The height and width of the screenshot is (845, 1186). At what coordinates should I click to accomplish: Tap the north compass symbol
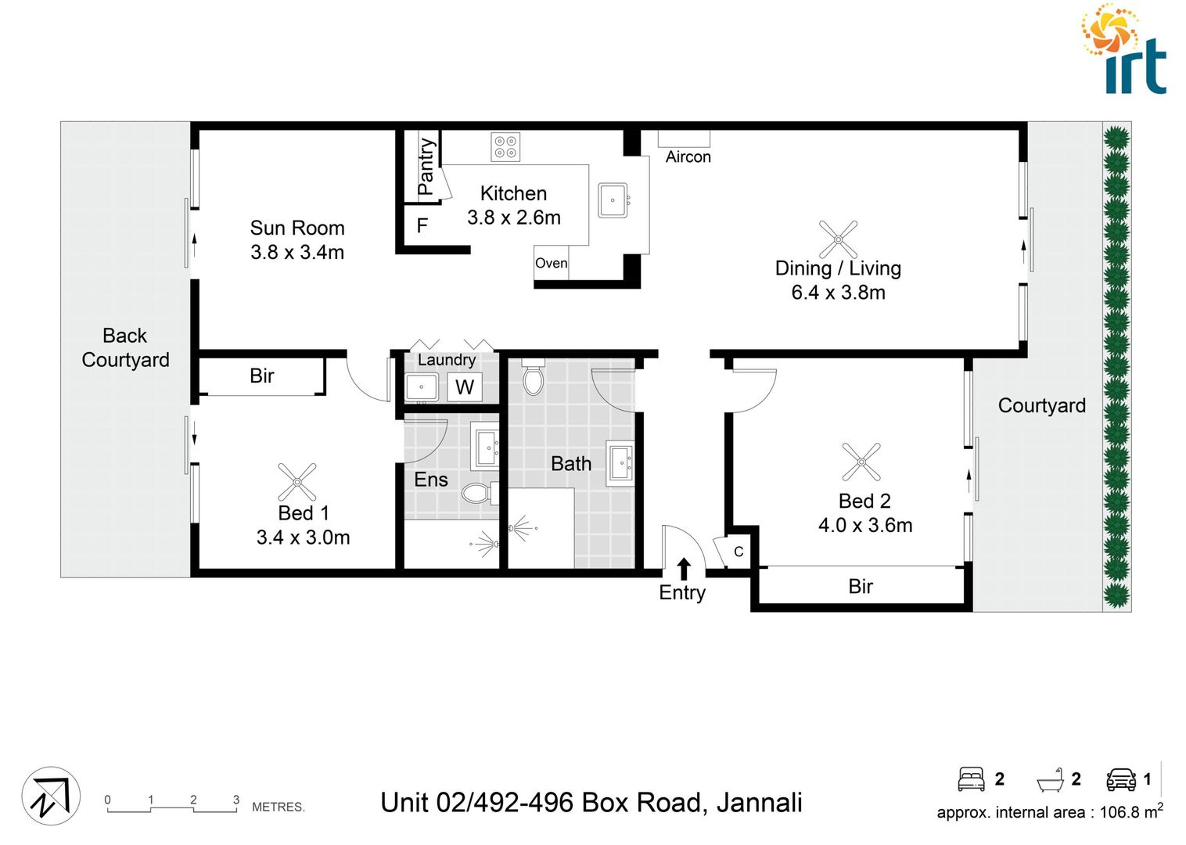(x=51, y=796)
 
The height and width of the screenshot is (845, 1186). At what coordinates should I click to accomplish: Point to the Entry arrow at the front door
(x=684, y=569)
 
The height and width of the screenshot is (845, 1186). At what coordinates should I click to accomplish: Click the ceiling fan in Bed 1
(x=297, y=482)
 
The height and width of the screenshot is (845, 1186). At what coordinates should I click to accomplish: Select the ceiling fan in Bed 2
(x=861, y=462)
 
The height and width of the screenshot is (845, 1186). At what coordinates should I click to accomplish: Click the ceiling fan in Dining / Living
(x=838, y=239)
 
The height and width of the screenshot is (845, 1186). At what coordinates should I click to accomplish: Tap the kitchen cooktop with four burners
(x=505, y=146)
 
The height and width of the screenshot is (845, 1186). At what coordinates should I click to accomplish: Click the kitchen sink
(x=613, y=200)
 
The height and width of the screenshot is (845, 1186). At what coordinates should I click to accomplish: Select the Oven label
(x=551, y=264)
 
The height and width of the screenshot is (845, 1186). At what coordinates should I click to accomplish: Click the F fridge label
(x=422, y=226)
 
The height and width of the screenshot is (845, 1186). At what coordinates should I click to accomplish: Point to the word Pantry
(x=426, y=166)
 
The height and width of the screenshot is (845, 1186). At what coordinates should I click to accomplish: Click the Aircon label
(x=688, y=156)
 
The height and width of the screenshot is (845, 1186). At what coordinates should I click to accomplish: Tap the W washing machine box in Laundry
(x=465, y=387)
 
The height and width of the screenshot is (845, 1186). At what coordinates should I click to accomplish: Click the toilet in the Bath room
(x=533, y=378)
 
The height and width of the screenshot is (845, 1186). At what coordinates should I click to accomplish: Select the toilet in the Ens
(x=476, y=493)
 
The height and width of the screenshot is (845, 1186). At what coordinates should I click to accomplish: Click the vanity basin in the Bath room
(x=620, y=462)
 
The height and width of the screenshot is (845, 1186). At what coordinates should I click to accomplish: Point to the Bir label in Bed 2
(x=861, y=586)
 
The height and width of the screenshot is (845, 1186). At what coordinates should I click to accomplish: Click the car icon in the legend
(x=1121, y=779)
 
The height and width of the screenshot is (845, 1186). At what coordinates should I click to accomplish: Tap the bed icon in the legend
(x=972, y=779)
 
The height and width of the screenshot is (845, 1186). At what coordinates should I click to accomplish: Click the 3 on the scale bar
(x=236, y=800)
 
